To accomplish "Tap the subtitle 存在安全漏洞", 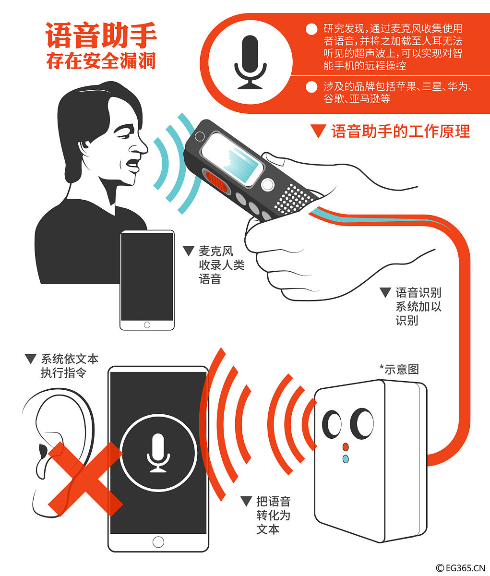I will tap(101, 61).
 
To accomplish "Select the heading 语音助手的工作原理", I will tap(400, 132).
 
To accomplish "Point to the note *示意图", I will tap(399, 369).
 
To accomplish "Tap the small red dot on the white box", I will tap(346, 447).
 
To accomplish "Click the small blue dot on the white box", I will tap(346, 459).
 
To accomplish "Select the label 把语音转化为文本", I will tap(273, 516).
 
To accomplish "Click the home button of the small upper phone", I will tap(147, 325).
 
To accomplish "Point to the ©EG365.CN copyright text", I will tap(460, 568).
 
